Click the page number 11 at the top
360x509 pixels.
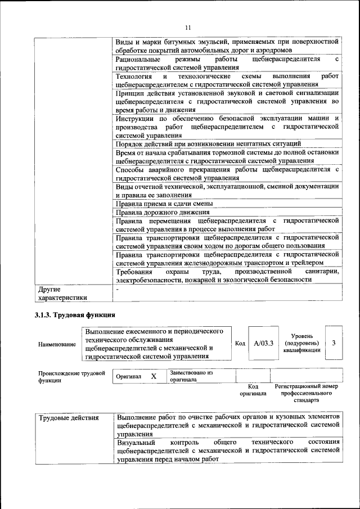[188, 27]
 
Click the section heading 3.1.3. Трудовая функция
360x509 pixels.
[74, 314]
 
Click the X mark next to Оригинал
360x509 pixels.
[153, 376]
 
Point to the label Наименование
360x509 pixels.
[56, 344]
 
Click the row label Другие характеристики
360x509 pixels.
[60, 294]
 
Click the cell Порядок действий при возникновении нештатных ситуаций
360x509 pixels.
[208, 144]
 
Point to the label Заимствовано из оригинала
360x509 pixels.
[191, 376]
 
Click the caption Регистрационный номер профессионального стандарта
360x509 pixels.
[306, 394]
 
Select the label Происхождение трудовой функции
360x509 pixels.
[71, 376]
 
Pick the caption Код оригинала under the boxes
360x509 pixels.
[253, 390]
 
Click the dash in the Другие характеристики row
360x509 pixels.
[117, 288]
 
